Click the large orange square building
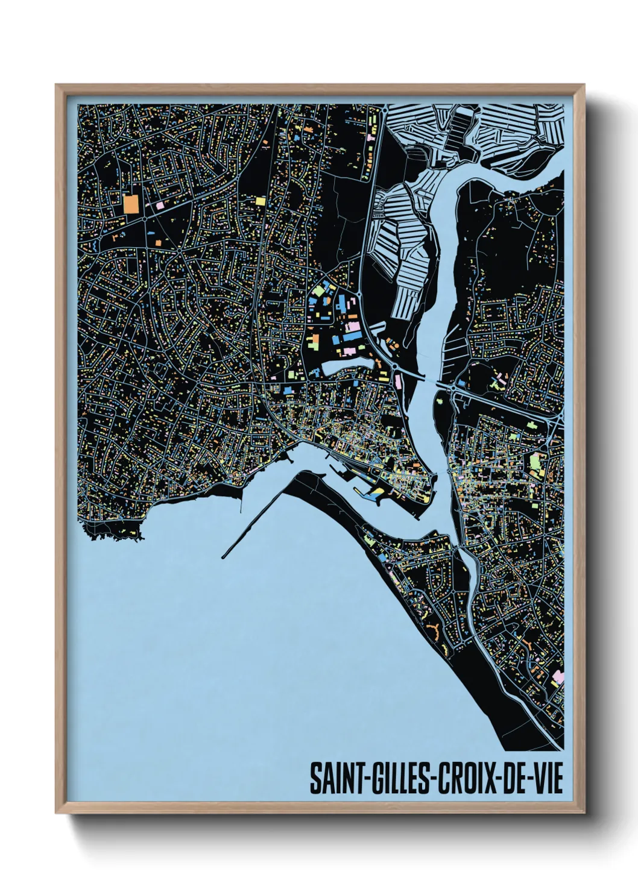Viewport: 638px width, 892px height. (x=131, y=203)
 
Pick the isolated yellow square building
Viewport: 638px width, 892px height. (x=260, y=201)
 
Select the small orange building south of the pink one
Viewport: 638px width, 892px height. (x=159, y=242)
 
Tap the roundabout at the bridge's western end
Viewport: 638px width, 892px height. (x=395, y=366)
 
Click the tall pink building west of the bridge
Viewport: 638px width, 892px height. (x=399, y=381)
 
